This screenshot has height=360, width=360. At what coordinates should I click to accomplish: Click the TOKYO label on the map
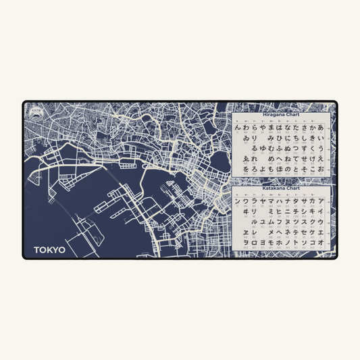click(x=50, y=249)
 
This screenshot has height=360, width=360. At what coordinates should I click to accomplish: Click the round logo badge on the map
click(x=35, y=109)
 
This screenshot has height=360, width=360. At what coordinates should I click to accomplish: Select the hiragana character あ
click(x=321, y=127)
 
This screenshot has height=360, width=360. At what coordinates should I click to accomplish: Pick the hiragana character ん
click(x=237, y=127)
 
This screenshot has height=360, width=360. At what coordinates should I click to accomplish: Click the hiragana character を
click(x=237, y=168)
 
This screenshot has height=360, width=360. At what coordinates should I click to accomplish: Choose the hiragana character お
click(x=321, y=168)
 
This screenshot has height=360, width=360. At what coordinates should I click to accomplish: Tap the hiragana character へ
click(x=279, y=157)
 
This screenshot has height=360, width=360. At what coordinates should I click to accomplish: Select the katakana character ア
click(x=321, y=201)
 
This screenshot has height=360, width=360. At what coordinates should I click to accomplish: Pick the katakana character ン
click(x=237, y=201)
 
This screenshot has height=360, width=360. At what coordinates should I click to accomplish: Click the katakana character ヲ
click(x=237, y=242)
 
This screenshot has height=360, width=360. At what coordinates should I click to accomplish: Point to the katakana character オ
click(x=321, y=242)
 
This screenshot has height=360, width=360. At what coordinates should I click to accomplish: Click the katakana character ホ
click(x=279, y=242)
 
